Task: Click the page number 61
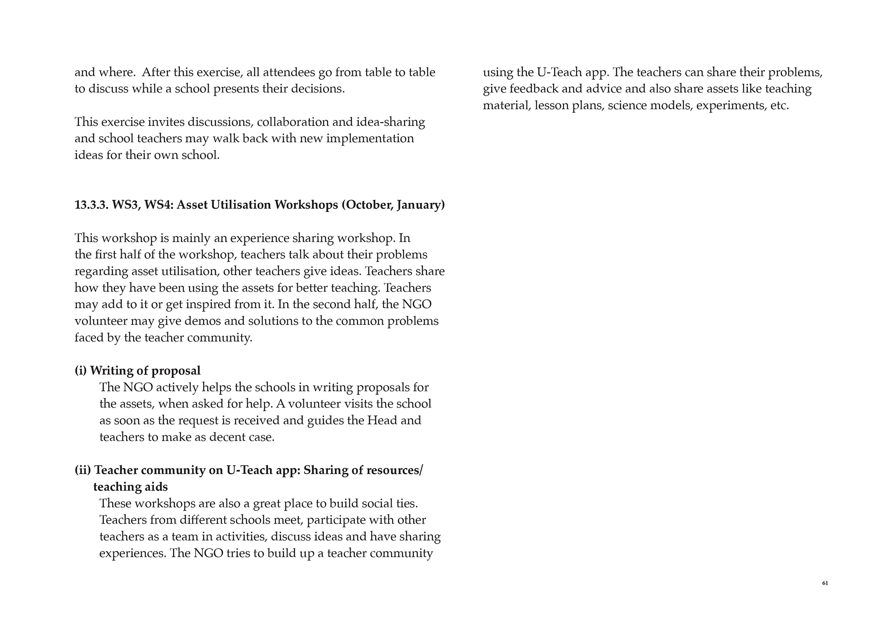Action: tap(824, 583)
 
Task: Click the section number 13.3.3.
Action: tap(91, 205)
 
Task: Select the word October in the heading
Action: tap(367, 205)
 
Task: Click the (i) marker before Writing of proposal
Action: tap(81, 370)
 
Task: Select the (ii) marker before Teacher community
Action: tap(83, 470)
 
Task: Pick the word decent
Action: tap(229, 437)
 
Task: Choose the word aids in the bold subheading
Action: tap(156, 487)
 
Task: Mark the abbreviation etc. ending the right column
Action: tap(780, 105)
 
